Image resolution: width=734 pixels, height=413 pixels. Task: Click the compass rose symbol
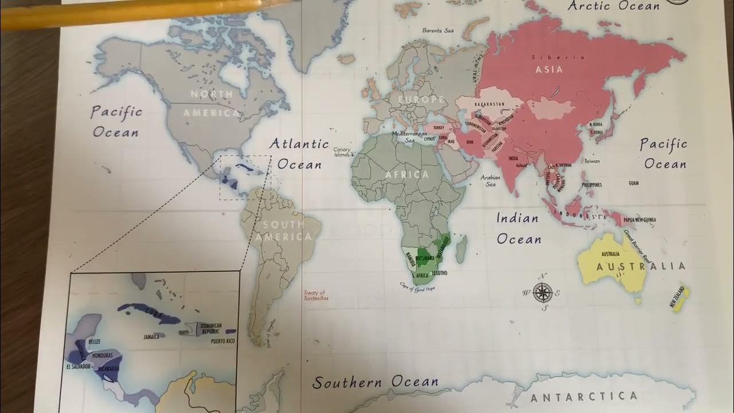pos(542,292)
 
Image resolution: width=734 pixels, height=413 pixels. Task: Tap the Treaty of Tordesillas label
pos(314,295)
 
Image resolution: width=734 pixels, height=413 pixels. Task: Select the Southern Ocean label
pos(376,382)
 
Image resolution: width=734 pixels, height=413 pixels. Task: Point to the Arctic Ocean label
pos(614,6)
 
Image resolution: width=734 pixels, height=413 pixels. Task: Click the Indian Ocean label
pos(518,228)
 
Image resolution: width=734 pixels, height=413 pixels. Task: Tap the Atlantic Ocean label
pos(299,154)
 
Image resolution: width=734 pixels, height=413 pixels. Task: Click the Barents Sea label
pos(438,30)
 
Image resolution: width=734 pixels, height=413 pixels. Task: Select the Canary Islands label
pos(342,152)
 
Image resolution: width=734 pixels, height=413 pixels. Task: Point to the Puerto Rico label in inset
pos(222,341)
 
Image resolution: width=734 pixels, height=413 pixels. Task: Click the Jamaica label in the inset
pos(152,337)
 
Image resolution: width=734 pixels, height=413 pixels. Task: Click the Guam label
pos(634,183)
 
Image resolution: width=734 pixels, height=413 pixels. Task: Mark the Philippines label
pos(592,185)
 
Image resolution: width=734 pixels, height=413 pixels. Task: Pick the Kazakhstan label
pos(489,104)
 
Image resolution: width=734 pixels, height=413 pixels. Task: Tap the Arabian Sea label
pos(491,181)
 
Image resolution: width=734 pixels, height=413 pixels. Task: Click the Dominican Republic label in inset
pos(211,329)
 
